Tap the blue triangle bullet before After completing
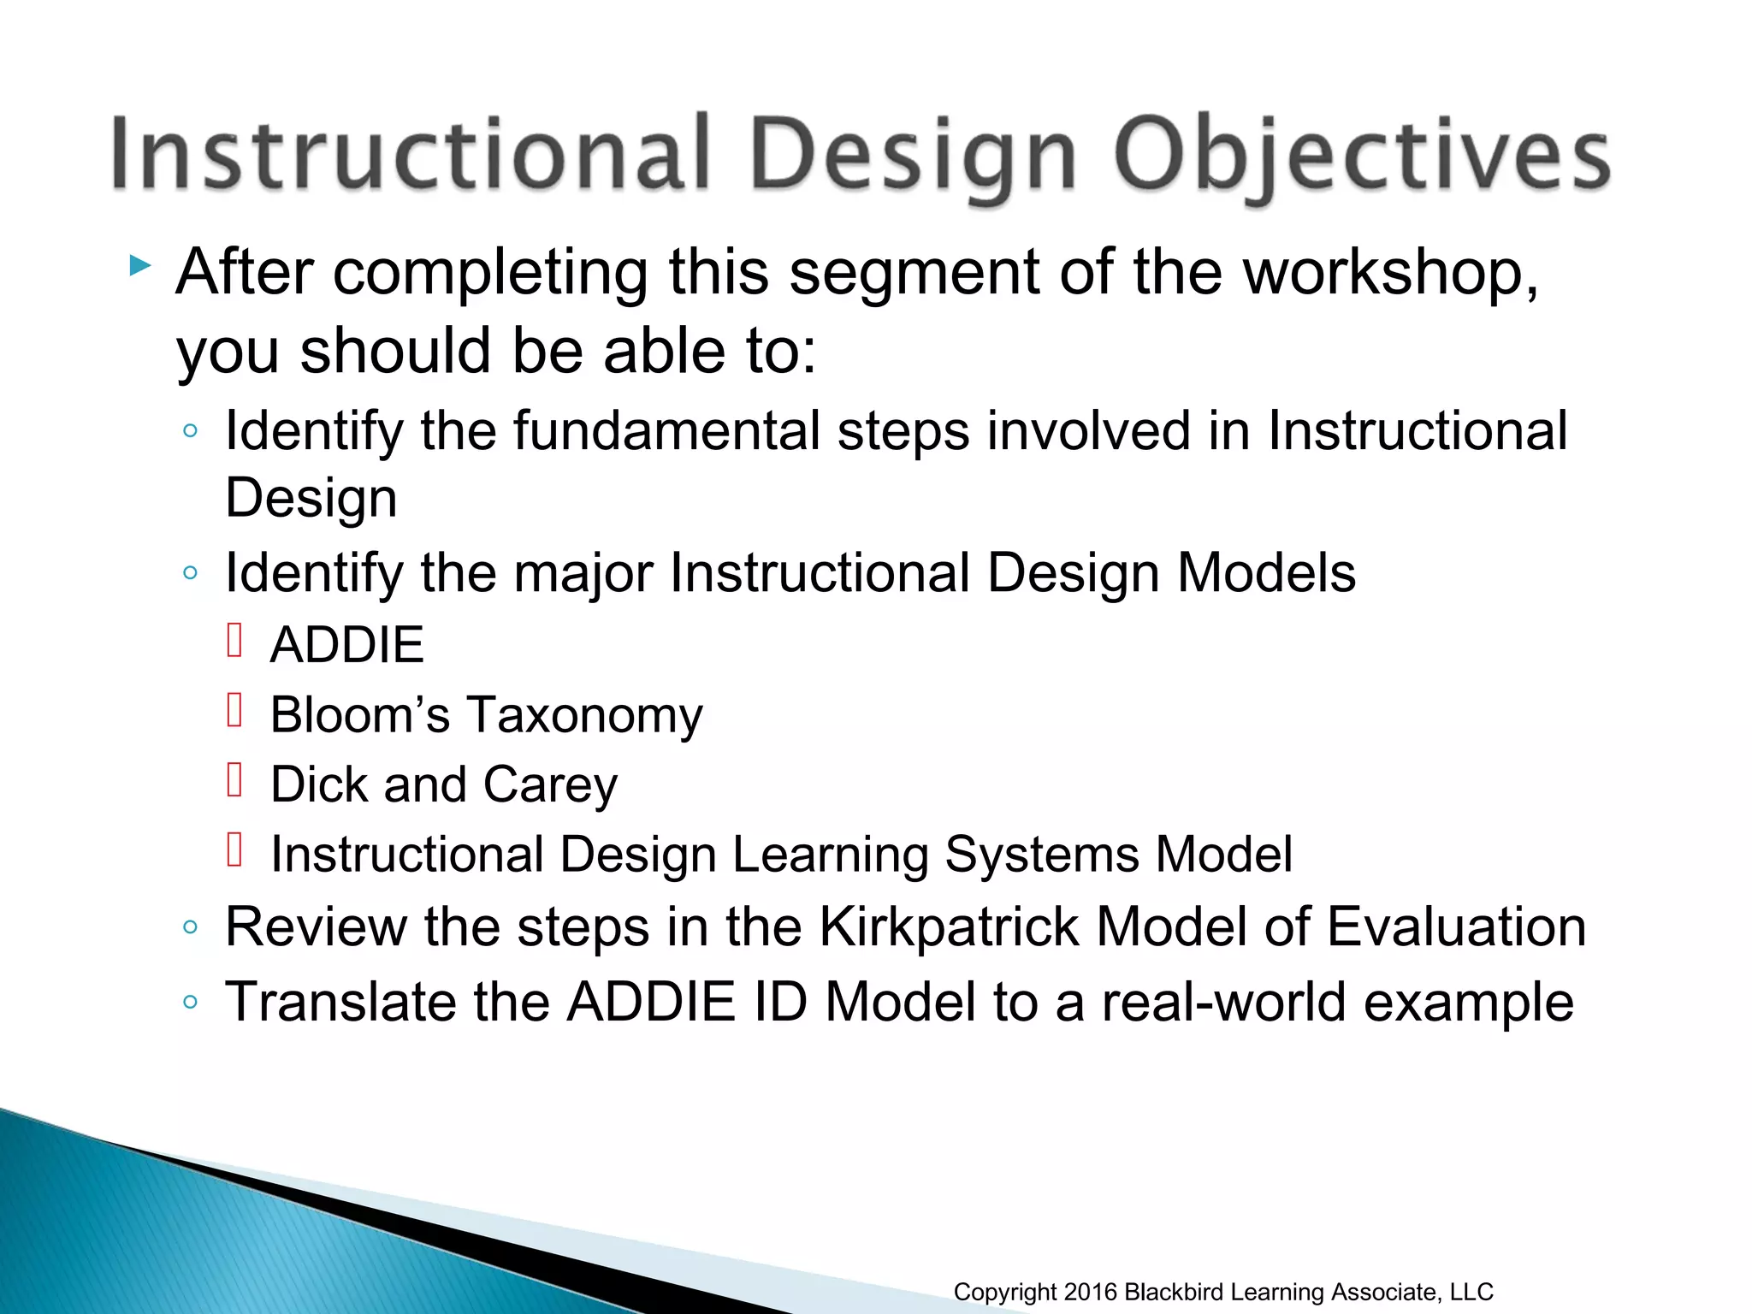[x=140, y=266]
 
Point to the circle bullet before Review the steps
[x=191, y=927]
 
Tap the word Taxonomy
[x=584, y=716]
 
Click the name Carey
[x=550, y=785]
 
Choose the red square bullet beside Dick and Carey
[x=235, y=780]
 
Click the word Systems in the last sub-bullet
[x=1041, y=855]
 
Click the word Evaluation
[x=1456, y=927]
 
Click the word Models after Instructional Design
[x=1266, y=572]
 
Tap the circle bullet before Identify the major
[x=191, y=572]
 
